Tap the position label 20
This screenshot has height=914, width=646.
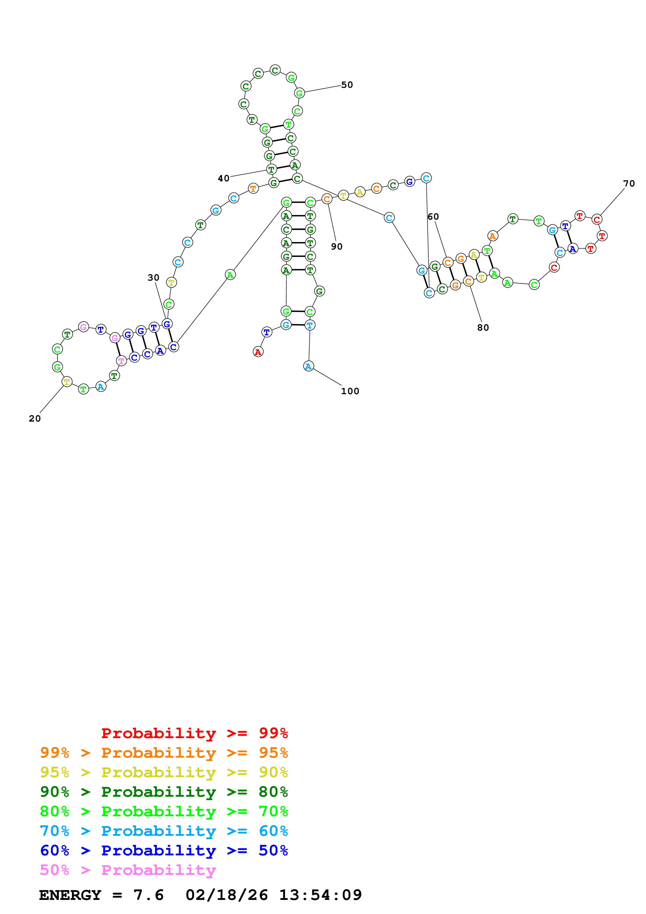click(35, 418)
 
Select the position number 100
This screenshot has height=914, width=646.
click(350, 391)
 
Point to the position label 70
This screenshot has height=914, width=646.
click(629, 183)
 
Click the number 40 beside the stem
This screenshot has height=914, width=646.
click(223, 178)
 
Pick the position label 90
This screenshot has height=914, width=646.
click(336, 246)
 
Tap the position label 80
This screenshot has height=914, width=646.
click(483, 328)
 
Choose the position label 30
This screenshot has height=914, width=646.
click(153, 277)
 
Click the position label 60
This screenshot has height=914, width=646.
click(433, 217)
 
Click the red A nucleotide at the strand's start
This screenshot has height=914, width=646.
click(258, 352)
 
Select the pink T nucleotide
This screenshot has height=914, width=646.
click(121, 361)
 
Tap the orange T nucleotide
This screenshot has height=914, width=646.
click(253, 188)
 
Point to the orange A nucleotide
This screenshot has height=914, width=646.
click(492, 236)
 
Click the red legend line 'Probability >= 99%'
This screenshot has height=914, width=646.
click(194, 733)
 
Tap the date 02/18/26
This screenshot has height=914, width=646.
click(226, 895)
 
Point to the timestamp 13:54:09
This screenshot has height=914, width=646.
click(321, 895)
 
